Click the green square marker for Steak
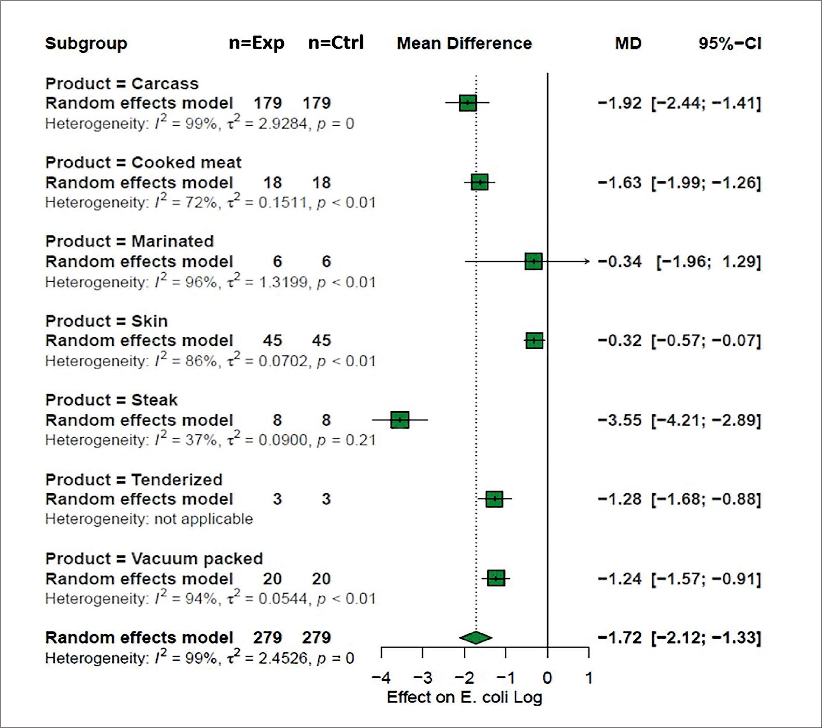pyautogui.click(x=400, y=420)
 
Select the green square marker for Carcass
pyautogui.click(x=468, y=103)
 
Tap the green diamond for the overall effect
pyautogui.click(x=475, y=638)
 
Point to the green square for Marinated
pyautogui.click(x=533, y=261)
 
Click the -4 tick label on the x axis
pyautogui.click(x=381, y=678)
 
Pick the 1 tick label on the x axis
pyautogui.click(x=588, y=678)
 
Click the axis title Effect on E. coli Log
pyautogui.click(x=464, y=697)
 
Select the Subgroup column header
pyautogui.click(x=86, y=44)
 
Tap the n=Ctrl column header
pyautogui.click(x=336, y=43)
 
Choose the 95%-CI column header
pyautogui.click(x=730, y=44)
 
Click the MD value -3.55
pyautogui.click(x=620, y=420)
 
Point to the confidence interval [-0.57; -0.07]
pyautogui.click(x=706, y=341)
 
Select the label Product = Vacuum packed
pyautogui.click(x=154, y=558)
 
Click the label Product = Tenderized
pyautogui.click(x=134, y=480)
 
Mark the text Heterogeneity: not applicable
pyautogui.click(x=149, y=519)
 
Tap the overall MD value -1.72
pyautogui.click(x=620, y=638)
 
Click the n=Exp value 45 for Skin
pyautogui.click(x=272, y=341)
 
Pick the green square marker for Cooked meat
pyautogui.click(x=479, y=183)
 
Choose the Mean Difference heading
pyautogui.click(x=464, y=44)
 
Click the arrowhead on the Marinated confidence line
pyautogui.click(x=587, y=261)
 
